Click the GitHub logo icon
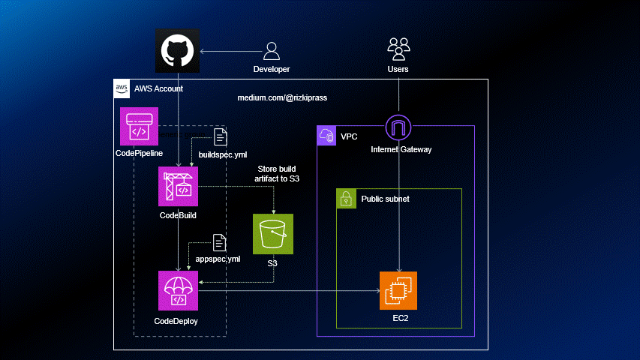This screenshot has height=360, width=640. tap(177, 52)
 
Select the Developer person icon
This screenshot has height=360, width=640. tap(271, 51)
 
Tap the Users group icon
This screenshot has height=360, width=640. tap(398, 49)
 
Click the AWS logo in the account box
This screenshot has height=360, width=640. tap(122, 88)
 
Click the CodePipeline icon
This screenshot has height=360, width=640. tap(139, 126)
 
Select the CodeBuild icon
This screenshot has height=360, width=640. tap(177, 187)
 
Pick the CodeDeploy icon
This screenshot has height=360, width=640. tap(177, 291)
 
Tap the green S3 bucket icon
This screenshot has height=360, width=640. tap(272, 233)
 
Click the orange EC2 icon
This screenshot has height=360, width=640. tap(398, 291)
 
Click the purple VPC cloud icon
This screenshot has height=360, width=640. tap(326, 136)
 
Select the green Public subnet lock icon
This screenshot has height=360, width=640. tap(346, 199)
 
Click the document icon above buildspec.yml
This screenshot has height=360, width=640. tap(221, 136)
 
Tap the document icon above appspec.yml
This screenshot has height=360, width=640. tap(220, 242)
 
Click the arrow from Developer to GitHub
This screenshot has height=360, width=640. tap(230, 52)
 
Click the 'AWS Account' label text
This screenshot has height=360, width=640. tap(158, 88)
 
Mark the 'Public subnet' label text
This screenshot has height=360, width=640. tap(386, 199)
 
